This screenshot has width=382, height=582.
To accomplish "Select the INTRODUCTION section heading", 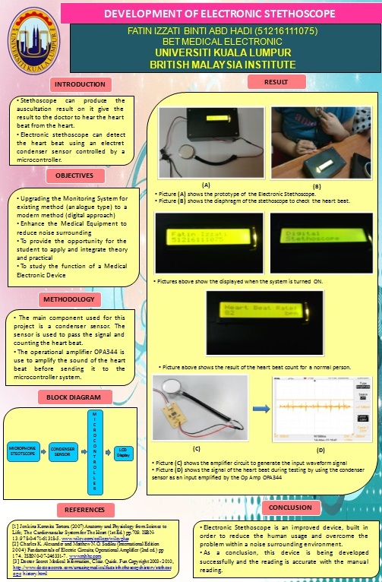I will click(81, 84).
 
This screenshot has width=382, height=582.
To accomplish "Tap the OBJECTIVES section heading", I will click(80, 176).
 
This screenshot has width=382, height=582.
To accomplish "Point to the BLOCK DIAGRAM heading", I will click(80, 397).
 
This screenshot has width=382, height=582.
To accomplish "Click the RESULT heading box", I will click(274, 81).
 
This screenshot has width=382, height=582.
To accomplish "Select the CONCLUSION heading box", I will click(292, 508).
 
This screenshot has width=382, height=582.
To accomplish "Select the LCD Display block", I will click(123, 452).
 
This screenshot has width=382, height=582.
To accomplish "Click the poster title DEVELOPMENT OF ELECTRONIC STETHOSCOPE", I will click(208, 14).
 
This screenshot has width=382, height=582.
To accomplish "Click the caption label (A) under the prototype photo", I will click(206, 184).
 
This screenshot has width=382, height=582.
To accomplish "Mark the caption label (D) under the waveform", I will click(320, 451).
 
